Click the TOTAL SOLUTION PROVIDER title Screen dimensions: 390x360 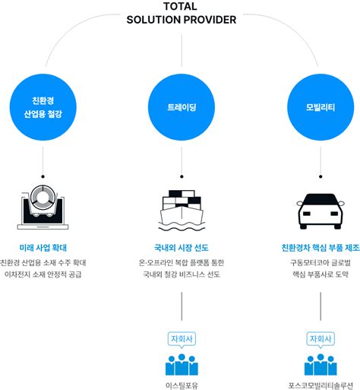181,13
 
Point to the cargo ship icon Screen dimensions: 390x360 181,208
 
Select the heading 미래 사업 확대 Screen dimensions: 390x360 43,248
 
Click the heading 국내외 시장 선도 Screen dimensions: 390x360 181,248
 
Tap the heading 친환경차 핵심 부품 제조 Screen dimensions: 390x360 320,248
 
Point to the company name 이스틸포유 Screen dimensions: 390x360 181,385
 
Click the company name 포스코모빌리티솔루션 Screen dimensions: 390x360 320,385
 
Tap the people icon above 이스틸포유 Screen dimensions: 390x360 181,364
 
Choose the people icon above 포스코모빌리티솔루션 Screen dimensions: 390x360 320,364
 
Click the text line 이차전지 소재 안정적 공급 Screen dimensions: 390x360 43,275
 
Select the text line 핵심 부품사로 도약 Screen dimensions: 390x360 320,275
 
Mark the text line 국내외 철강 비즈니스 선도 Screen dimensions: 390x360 181,275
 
